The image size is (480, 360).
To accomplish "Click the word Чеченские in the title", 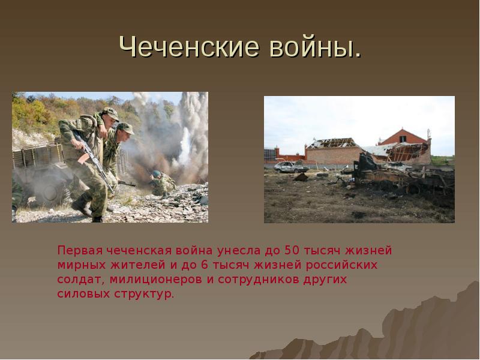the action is (189, 47).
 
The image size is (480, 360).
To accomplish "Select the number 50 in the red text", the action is (292, 250).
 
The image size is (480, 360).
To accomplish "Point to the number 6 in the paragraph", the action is (205, 265).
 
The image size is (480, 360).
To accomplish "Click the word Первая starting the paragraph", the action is (80, 251).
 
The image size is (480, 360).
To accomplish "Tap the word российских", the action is (341, 265).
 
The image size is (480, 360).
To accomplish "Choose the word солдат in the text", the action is (81, 280).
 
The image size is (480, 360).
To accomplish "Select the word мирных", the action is (81, 265).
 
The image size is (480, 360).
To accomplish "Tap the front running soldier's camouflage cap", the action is (110, 113).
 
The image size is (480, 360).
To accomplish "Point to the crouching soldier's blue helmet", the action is (157, 174).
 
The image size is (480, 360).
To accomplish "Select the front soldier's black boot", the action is (81, 206).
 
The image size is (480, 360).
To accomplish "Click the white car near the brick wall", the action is (290, 167).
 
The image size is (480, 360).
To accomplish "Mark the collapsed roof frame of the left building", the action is (332, 143).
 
